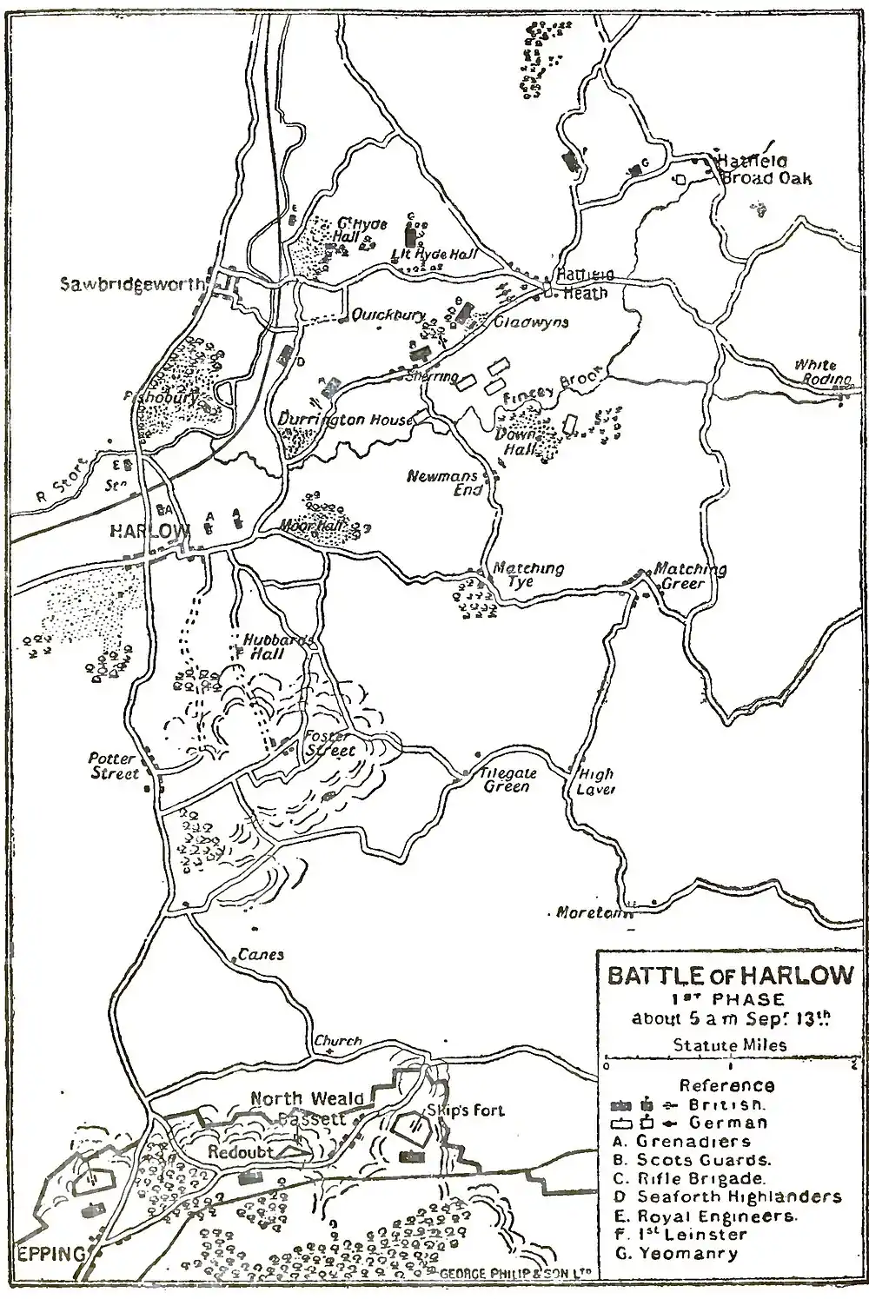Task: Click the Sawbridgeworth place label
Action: coord(131,284)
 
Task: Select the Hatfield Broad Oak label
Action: coord(764,170)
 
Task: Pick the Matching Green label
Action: coord(690,576)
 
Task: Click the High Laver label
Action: coord(596,781)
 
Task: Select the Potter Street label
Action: coord(115,766)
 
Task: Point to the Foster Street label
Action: coord(330,744)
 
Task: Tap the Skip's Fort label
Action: coord(465,1110)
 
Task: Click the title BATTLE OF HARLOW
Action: coord(730,975)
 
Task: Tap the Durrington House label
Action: coord(345,420)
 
